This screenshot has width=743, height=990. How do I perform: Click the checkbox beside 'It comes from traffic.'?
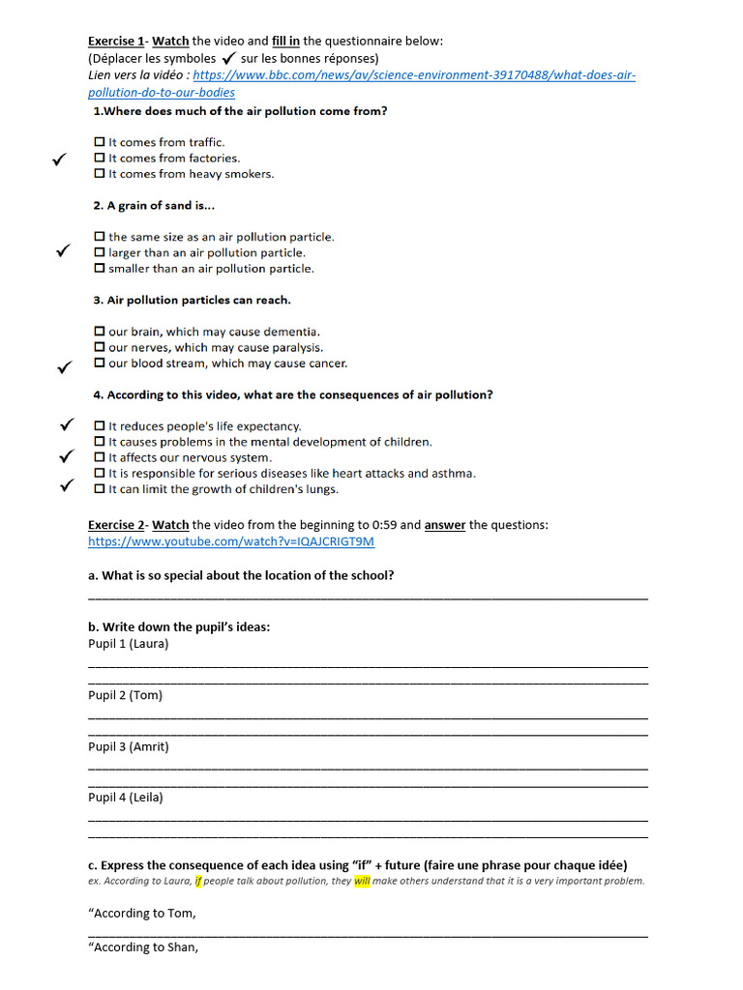click(x=100, y=142)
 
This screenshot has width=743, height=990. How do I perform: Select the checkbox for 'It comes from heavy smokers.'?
click(x=100, y=174)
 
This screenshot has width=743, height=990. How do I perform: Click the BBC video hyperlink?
click(x=414, y=75)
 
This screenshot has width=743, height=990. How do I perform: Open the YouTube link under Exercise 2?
click(x=230, y=541)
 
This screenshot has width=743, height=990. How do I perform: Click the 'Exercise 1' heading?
click(x=115, y=41)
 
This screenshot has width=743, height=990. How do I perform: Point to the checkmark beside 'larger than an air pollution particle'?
click(x=62, y=251)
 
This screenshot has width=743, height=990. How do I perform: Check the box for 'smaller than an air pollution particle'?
click(x=100, y=269)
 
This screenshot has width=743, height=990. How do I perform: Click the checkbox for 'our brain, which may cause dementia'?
click(x=100, y=332)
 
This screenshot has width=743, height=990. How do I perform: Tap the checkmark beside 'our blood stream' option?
click(x=64, y=366)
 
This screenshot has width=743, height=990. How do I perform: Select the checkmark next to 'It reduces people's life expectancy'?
click(x=67, y=424)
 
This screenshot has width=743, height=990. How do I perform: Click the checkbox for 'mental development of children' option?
click(x=100, y=442)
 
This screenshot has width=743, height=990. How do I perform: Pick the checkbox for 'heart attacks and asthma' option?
click(x=100, y=474)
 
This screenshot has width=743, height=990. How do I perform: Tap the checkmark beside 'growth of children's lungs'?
click(x=67, y=486)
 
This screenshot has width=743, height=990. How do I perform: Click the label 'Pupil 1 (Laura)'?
click(x=128, y=644)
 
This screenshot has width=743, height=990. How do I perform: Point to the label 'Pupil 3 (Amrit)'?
click(x=129, y=746)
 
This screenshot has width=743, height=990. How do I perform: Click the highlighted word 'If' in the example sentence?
click(x=198, y=881)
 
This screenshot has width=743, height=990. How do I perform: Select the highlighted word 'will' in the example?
click(x=362, y=881)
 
